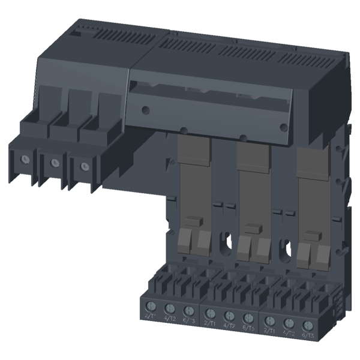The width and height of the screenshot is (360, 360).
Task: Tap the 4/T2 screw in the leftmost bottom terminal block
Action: [170, 311]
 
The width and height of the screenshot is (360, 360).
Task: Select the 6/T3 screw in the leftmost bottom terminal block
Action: [190, 313]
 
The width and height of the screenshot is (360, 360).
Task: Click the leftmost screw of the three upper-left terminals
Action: [25, 159]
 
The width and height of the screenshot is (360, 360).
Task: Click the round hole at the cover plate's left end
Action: [145, 109]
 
